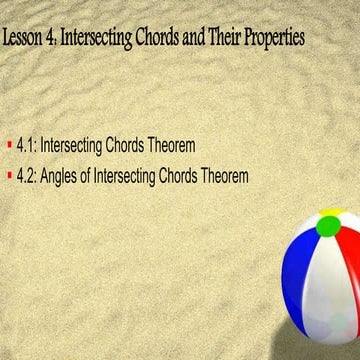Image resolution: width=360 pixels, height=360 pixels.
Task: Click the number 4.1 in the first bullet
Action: click(27, 146)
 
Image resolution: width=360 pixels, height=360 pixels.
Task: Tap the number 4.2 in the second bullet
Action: click(27, 175)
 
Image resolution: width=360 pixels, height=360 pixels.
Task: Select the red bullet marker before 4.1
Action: click(9, 146)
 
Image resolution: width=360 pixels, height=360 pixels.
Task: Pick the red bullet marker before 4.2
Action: click(9, 175)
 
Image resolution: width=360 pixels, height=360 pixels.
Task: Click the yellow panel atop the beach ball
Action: click(335, 213)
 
